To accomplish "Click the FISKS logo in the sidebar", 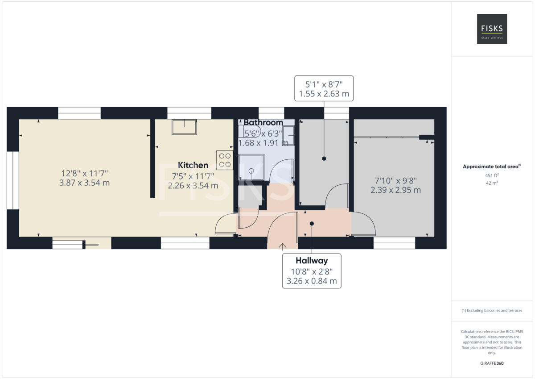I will (492, 29).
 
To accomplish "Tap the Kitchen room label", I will (193, 165).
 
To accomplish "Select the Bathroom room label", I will (263, 122).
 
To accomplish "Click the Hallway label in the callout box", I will (312, 261).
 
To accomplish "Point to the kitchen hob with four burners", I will (224, 160).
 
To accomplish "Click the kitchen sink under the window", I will (184, 127).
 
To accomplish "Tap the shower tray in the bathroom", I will (251, 167).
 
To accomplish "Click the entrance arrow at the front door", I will (283, 245).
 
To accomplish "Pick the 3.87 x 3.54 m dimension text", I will (84, 183).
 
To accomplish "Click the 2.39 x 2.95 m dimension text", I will (395, 190).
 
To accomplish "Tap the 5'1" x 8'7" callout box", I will (324, 88).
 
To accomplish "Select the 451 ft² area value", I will (492, 175).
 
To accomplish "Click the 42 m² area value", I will (492, 183).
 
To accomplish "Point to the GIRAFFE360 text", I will (492, 363).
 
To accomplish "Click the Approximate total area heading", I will (492, 167).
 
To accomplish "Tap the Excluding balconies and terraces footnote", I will (492, 310).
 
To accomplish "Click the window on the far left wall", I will (13, 180).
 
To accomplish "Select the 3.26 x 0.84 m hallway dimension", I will (312, 282).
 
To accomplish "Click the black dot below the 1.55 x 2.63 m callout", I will (324, 158).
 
